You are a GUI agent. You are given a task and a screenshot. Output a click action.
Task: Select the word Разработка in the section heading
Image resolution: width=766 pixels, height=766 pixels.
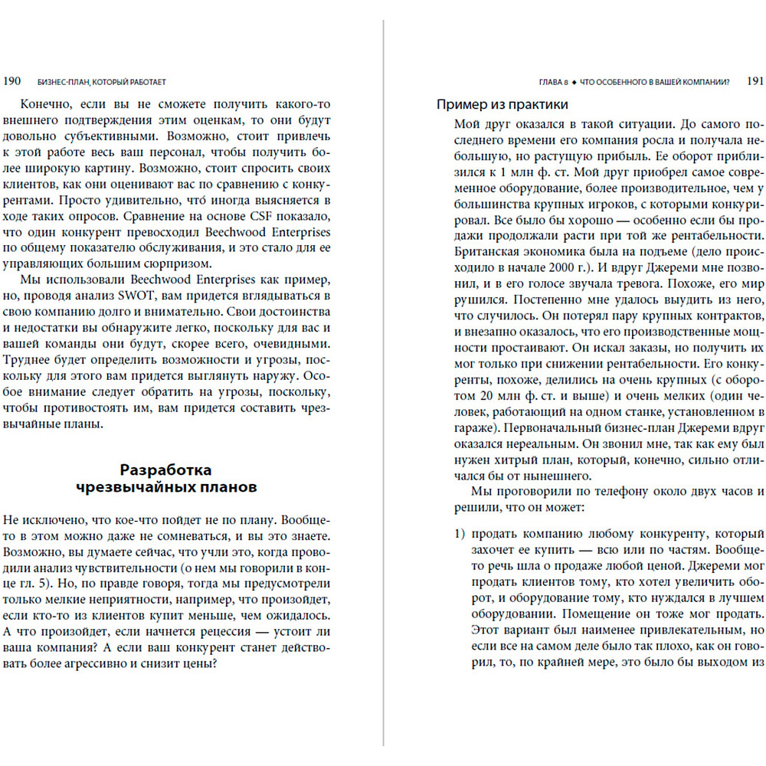166,470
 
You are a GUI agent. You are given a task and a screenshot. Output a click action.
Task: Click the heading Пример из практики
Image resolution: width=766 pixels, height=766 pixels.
502,105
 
